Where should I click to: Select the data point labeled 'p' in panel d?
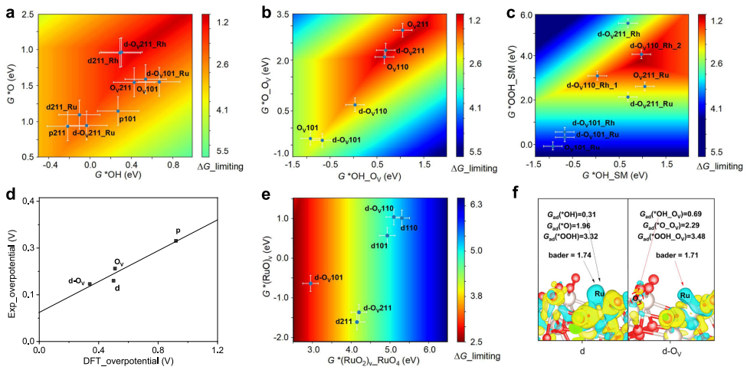click(176, 241)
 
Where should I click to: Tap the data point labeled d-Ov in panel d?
click(90, 284)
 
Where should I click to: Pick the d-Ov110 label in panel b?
click(372, 111)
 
